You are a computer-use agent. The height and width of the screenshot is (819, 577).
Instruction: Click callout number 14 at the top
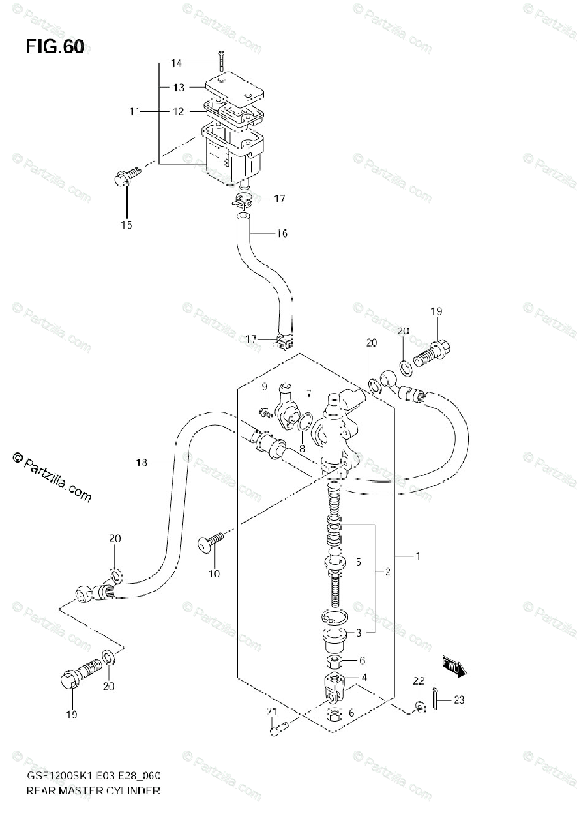coord(177,63)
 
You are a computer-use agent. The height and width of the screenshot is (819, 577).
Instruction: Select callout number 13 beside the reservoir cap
coord(178,87)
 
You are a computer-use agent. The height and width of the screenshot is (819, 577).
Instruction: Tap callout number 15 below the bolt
coord(127,225)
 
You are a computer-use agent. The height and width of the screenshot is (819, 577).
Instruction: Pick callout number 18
coord(141,463)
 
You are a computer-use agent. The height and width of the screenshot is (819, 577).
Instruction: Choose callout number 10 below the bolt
coord(214,574)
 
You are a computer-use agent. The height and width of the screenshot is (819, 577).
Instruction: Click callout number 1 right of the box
coord(417,556)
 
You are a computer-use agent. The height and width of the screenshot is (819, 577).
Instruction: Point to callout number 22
coord(418,681)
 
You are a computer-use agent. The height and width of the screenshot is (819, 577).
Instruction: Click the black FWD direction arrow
coord(454,665)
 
